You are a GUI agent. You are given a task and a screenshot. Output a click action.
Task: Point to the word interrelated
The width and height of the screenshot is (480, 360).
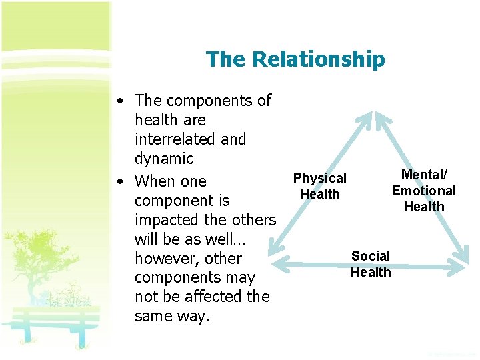click(x=191, y=139)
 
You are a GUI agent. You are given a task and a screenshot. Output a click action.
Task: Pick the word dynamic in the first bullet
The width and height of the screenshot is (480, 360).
click(x=163, y=159)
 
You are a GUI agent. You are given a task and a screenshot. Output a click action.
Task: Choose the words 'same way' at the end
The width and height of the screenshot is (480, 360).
click(x=171, y=315)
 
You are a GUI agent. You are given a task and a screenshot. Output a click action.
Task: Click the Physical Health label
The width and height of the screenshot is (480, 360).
click(x=320, y=186)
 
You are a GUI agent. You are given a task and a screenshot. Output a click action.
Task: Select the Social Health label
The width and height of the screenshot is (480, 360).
click(x=371, y=264)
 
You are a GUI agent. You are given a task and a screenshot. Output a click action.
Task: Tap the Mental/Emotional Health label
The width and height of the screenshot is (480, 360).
click(x=424, y=191)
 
